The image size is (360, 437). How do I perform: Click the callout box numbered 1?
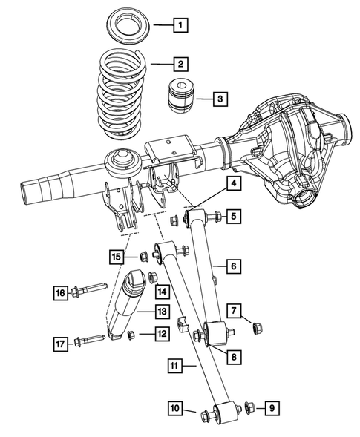point(179,26)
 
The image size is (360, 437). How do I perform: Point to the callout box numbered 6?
point(232,265)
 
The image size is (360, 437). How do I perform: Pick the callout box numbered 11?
point(174,365)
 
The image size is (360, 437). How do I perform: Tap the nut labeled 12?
point(130,335)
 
